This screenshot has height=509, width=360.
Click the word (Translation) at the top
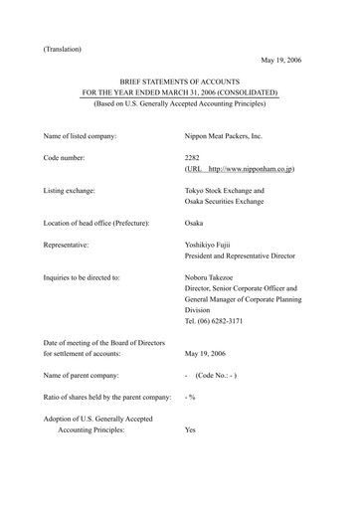pyautogui.click(x=63, y=48)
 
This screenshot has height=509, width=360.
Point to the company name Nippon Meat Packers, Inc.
pyautogui.click(x=230, y=133)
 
